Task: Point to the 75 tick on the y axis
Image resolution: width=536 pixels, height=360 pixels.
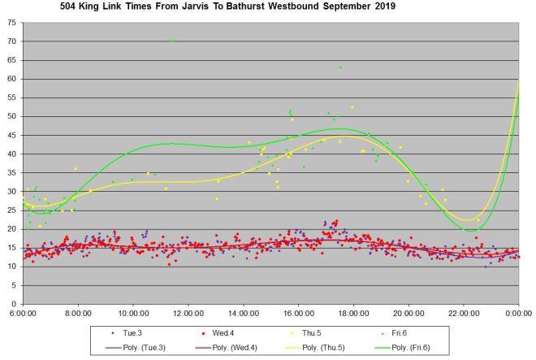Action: tap(11, 23)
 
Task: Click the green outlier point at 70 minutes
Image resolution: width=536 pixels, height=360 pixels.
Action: tap(172, 41)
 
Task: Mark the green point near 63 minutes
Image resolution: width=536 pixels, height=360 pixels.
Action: tap(340, 67)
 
